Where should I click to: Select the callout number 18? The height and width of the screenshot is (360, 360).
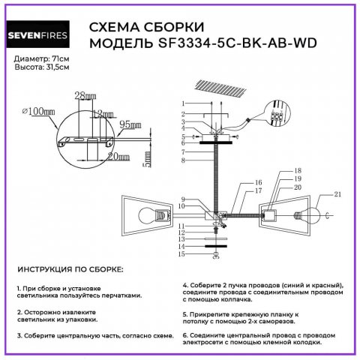[x=277, y=171]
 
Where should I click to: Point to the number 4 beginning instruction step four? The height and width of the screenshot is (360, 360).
[x=184, y=285]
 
